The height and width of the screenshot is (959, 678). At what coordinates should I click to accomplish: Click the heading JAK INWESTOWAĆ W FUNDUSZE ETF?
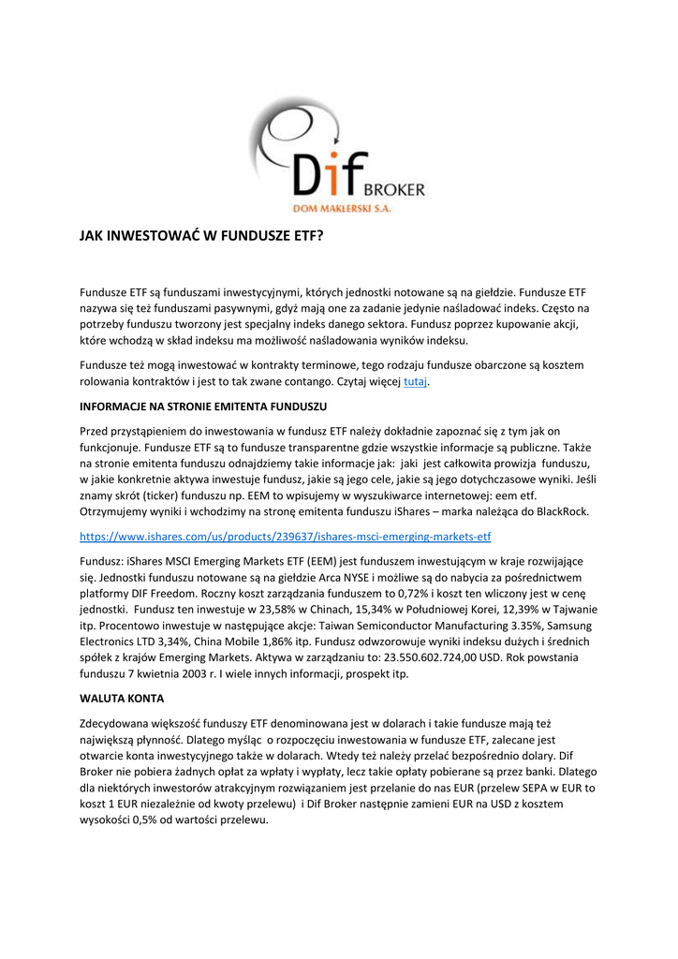click(201, 237)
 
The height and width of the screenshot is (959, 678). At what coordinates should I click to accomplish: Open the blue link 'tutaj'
click(415, 382)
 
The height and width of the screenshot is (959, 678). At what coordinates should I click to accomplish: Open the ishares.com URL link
click(286, 537)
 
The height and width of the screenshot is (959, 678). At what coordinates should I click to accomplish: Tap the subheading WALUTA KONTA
click(123, 699)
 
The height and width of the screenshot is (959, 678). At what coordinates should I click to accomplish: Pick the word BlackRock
click(558, 512)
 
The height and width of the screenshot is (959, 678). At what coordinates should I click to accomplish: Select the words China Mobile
click(243, 642)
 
